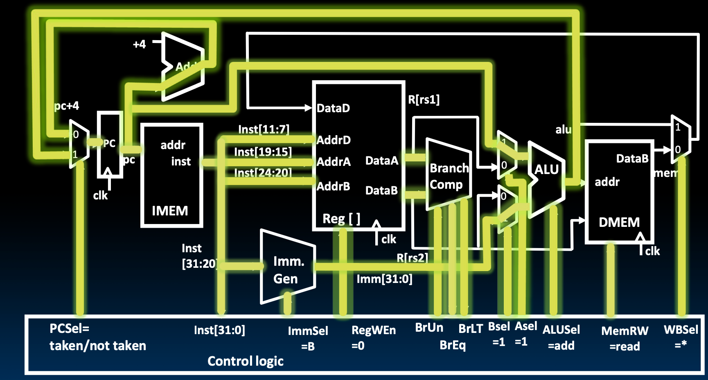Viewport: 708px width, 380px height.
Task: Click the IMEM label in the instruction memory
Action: (170, 211)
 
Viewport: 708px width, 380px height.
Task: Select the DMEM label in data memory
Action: (619, 222)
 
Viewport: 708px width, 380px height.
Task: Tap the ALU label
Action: (546, 170)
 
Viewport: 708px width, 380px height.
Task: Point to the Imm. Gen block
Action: (288, 269)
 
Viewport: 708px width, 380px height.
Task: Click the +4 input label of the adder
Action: (139, 44)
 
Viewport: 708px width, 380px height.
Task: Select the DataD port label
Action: (333, 108)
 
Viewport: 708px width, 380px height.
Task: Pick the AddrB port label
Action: (333, 187)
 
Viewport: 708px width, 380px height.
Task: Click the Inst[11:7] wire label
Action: (264, 129)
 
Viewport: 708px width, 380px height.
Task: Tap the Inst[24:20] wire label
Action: (263, 173)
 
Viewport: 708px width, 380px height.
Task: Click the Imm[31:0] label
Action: (384, 279)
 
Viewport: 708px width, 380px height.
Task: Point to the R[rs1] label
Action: (424, 100)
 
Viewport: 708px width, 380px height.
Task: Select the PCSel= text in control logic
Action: (69, 328)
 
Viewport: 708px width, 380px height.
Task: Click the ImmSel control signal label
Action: (308, 331)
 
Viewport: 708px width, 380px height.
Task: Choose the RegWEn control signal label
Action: (373, 330)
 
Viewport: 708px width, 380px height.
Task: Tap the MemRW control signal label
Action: (625, 331)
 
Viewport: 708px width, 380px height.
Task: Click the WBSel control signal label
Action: (681, 330)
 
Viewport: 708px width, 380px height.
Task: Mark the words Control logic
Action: (246, 361)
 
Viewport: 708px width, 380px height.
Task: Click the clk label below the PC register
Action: (100, 196)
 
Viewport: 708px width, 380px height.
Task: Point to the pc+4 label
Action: (66, 106)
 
